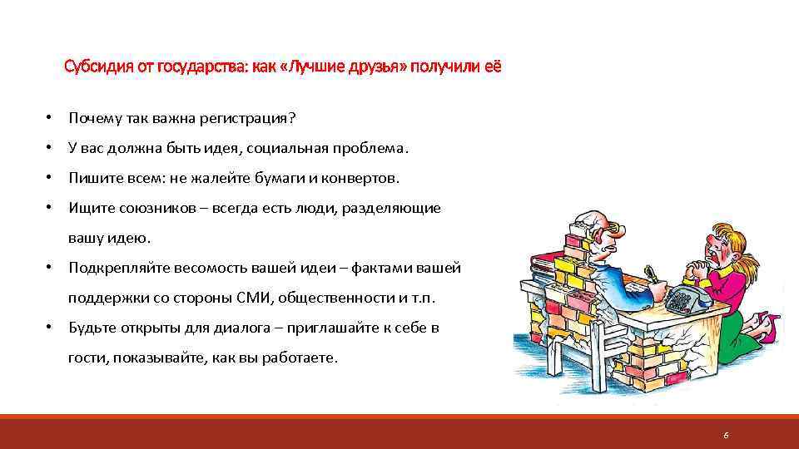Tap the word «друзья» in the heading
[373, 66]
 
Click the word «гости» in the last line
[85, 358]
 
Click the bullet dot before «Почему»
[51, 118]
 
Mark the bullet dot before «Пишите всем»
[51, 178]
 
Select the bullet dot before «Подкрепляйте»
[51, 268]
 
